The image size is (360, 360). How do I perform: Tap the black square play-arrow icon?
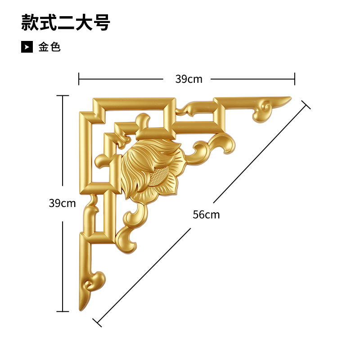(x=27, y=47)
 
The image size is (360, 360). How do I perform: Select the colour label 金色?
(x=49, y=47)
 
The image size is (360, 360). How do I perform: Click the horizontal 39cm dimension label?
(x=189, y=79)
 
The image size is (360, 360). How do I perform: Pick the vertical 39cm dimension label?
(x=62, y=203)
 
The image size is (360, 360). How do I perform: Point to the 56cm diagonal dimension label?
(x=206, y=215)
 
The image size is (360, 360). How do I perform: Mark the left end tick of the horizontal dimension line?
(x=79, y=79)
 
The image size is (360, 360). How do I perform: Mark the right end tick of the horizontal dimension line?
(x=295, y=79)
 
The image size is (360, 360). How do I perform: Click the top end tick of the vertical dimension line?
(x=62, y=95)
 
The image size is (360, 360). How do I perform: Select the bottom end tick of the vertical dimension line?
(x=62, y=311)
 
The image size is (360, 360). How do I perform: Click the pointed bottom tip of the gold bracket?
(x=81, y=310)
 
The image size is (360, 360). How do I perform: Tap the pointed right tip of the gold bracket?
(x=290, y=97)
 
